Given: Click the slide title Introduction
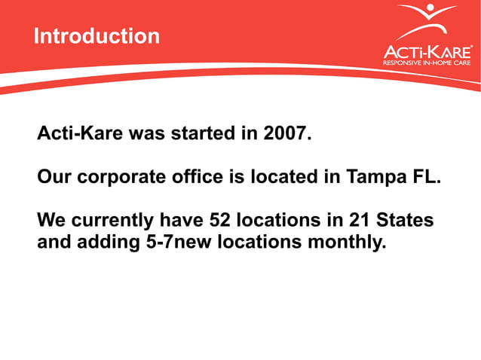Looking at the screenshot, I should pyautogui.click(x=97, y=36).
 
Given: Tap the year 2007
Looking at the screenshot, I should pyautogui.click(x=286, y=135).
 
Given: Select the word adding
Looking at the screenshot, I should pyautogui.click(x=106, y=243).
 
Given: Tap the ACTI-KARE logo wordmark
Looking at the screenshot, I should pyautogui.click(x=427, y=51).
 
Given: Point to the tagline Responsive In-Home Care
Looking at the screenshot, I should pyautogui.click(x=427, y=64).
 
